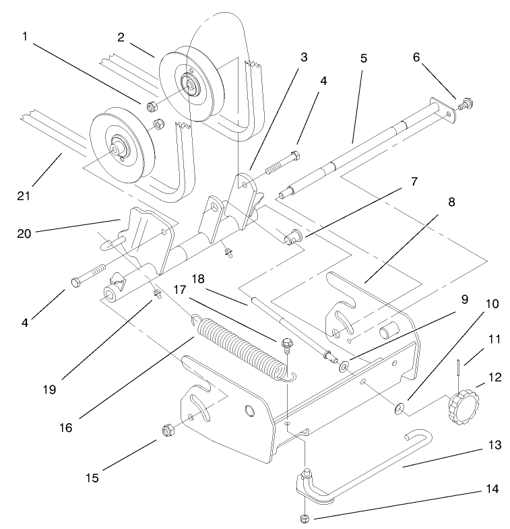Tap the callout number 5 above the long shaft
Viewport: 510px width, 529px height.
364,59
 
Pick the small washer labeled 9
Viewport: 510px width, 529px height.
344,367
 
